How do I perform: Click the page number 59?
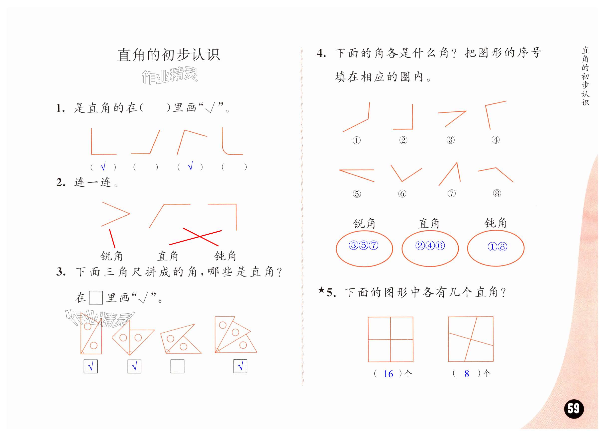[574, 409]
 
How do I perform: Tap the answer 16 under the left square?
[388, 374]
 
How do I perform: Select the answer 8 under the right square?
[467, 374]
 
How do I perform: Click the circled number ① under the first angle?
[356, 140]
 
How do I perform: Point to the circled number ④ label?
[495, 140]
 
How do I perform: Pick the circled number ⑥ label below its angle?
[402, 194]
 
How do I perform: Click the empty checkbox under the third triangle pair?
[177, 366]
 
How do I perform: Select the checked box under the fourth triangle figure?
[240, 366]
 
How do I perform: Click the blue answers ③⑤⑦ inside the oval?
[364, 245]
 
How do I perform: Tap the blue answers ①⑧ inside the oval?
[497, 247]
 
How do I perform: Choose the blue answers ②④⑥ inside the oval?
[430, 245]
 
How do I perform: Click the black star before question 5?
[321, 290]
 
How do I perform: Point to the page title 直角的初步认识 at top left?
[169, 55]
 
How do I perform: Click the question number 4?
[321, 54]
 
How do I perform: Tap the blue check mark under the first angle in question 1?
[103, 167]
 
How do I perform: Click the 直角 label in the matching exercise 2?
[167, 256]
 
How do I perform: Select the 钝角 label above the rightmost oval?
[495, 223]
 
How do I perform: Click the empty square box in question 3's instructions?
[96, 298]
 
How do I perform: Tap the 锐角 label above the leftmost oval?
[364, 223]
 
